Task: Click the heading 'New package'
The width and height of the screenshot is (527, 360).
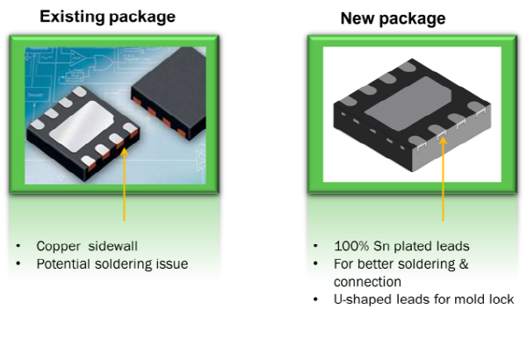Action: coord(393,18)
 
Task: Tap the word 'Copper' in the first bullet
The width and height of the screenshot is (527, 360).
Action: coord(56,247)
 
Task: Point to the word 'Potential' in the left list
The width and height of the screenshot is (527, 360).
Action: coord(61,264)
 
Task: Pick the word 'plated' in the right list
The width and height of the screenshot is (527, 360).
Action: coord(414,247)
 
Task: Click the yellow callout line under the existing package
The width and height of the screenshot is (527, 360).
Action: coord(125,189)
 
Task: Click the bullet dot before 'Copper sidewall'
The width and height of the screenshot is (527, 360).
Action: coord(18,247)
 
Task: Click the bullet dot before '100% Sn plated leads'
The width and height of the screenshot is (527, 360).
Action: coord(315,247)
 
